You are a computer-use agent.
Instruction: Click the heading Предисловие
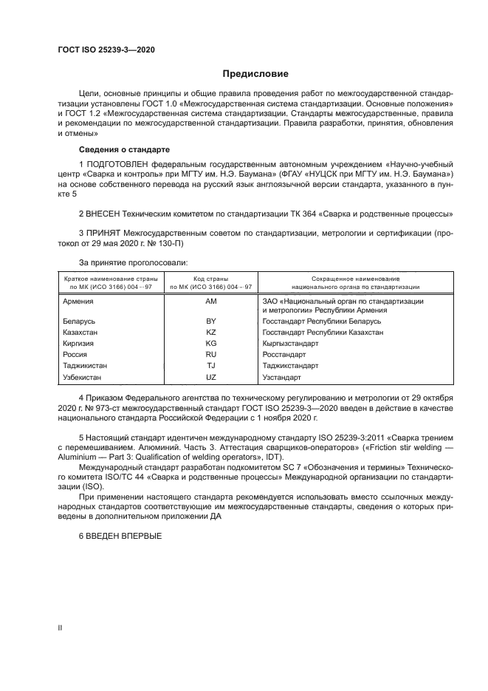pos(255,74)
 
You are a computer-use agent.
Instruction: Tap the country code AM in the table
pos(211,302)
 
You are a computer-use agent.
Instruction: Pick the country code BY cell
pos(211,322)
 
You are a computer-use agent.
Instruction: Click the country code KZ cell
pos(211,333)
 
